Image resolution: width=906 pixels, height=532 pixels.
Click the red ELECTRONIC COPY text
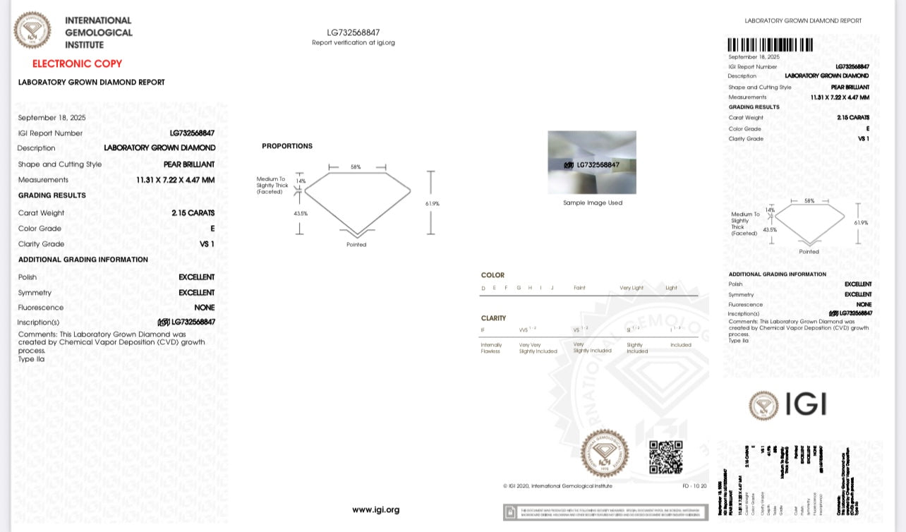[77, 64]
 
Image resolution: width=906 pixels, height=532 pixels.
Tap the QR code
[665, 457]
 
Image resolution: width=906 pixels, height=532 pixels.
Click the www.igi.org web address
[375, 509]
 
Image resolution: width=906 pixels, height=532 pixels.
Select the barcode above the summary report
[770, 45]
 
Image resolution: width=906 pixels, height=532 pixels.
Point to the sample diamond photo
[592, 162]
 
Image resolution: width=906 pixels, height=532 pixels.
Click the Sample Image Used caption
[592, 203]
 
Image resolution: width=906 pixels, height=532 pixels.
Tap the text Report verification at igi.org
[353, 43]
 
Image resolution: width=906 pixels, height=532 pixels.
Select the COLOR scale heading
[493, 275]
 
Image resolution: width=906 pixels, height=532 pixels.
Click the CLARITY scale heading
[493, 318]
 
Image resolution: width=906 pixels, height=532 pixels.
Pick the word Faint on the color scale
[579, 288]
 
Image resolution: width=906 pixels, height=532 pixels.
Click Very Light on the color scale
[632, 288]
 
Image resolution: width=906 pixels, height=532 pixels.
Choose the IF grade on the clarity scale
[483, 330]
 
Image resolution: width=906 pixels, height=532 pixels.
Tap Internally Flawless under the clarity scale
[491, 348]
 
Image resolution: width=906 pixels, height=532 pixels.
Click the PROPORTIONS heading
[286, 146]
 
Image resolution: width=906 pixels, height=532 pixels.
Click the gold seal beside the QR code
[605, 453]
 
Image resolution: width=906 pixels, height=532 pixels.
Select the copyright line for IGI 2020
[557, 485]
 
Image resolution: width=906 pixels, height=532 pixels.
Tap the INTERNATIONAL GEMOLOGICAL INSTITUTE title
[98, 32]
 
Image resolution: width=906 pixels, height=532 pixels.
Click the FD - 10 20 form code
[694, 485]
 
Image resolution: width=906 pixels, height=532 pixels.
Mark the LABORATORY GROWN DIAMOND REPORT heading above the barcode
[803, 21]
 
